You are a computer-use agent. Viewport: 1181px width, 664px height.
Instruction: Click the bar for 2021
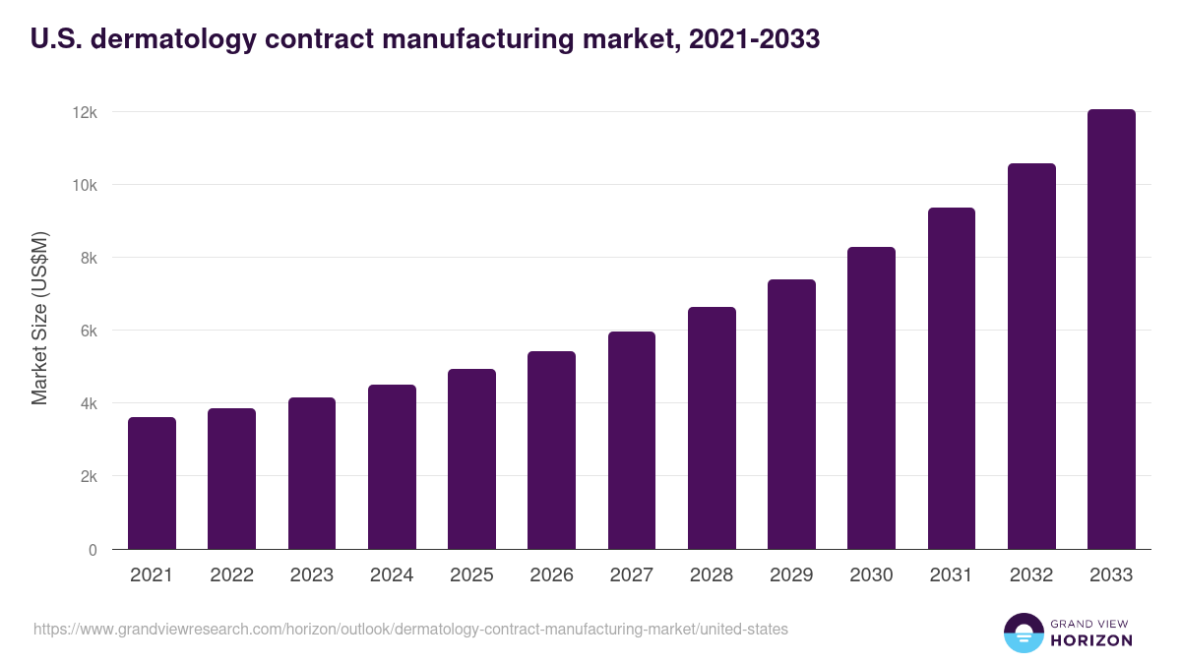pos(152,483)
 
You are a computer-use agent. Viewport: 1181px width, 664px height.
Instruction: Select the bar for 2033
pos(1111,330)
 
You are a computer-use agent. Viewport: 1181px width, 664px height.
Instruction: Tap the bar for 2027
pos(632,441)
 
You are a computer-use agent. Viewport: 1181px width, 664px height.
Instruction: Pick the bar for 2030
pos(871,398)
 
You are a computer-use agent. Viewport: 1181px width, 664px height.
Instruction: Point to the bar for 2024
pos(392,467)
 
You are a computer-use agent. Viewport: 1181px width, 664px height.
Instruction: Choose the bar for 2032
pos(1031,356)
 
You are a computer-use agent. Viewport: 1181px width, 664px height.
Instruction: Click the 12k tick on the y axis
pos(86,113)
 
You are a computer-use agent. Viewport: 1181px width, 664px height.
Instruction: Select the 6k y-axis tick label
pos(89,332)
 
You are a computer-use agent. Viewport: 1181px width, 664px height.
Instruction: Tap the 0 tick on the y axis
pos(93,550)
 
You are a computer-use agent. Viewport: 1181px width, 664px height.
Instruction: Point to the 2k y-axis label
pos(89,477)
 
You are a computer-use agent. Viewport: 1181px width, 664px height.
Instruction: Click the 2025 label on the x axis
pos(471,575)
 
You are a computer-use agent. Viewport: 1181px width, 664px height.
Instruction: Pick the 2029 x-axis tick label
pos(791,575)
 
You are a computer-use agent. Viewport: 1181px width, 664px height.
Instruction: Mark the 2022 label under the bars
pos(231,575)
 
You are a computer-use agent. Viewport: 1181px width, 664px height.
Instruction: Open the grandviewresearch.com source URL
pos(410,629)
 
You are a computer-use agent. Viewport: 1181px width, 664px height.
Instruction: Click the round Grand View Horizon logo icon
pos(1023,633)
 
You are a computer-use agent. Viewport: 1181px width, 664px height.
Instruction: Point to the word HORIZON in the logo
pos(1090,640)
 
